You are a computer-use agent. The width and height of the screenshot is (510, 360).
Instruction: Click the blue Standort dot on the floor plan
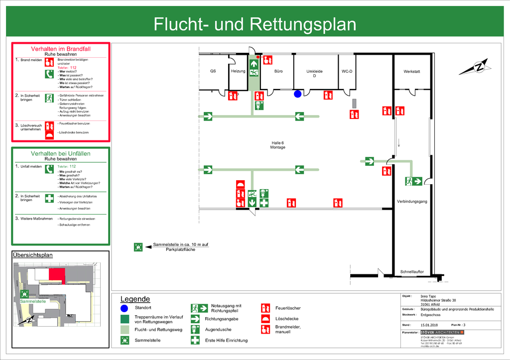tap(297, 94)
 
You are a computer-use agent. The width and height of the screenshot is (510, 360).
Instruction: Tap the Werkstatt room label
tap(411, 72)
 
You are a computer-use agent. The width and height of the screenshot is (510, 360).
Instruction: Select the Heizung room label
tap(238, 71)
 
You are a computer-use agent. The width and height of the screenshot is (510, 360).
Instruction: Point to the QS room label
tap(213, 71)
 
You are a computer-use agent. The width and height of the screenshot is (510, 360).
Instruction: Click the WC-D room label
tap(347, 71)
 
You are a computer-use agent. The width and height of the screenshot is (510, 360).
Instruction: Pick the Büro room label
tap(278, 71)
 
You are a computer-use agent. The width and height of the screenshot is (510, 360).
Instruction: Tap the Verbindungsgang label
tap(412, 202)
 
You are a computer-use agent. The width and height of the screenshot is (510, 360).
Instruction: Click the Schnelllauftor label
tap(412, 272)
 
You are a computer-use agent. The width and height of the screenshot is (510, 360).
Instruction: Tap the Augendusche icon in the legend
tap(196, 329)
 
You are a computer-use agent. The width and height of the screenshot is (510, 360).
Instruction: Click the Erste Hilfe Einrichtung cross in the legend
tap(196, 341)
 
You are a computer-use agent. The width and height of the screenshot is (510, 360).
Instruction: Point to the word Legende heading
tap(135, 299)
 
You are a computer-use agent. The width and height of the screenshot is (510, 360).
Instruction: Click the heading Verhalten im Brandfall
tap(61, 49)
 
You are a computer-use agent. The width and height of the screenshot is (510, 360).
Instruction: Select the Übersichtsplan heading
tap(32, 255)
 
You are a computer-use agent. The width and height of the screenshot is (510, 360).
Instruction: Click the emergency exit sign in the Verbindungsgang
tap(414, 181)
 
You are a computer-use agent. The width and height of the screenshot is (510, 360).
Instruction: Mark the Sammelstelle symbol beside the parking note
tap(138, 246)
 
